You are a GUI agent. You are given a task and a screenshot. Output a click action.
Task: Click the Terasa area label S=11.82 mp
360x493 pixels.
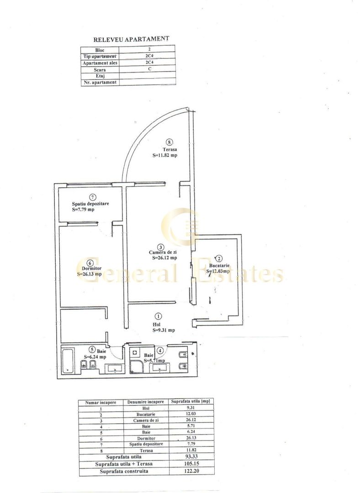coord(165,155)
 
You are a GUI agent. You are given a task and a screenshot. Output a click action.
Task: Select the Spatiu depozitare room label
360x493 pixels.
coord(90,204)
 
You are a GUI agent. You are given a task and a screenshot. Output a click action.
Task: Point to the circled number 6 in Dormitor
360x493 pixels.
coord(90,262)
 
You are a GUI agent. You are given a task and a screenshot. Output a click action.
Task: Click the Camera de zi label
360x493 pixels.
coord(161,252)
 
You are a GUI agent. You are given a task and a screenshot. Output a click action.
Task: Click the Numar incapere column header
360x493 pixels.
coord(101,402)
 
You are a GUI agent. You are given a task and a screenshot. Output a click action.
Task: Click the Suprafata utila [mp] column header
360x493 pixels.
coord(191,402)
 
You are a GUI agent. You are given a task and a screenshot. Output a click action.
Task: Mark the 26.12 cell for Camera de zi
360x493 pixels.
coord(191,420)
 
